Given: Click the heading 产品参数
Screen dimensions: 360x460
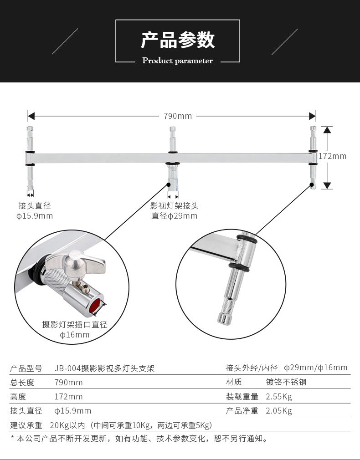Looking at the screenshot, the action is click(x=178, y=40).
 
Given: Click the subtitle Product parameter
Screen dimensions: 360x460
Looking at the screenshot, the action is click(x=178, y=61).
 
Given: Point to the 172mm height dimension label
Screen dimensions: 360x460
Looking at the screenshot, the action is click(x=332, y=156).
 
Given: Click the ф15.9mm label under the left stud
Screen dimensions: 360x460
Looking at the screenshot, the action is click(x=35, y=216).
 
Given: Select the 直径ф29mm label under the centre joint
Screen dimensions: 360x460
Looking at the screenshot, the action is click(x=175, y=216).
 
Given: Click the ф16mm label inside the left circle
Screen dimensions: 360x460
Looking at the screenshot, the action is click(x=75, y=335).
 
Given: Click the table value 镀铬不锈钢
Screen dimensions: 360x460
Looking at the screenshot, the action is click(x=286, y=382).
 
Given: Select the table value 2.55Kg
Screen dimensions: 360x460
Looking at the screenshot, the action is click(x=279, y=397).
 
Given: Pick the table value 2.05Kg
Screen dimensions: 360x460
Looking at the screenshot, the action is click(x=279, y=411).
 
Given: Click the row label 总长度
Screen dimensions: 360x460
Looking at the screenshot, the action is click(x=22, y=382).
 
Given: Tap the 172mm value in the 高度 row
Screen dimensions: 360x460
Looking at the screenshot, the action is click(x=69, y=397).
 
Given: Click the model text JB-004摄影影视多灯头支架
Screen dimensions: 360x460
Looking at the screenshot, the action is click(x=104, y=368).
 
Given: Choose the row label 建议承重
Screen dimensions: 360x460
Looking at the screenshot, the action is click(x=26, y=425).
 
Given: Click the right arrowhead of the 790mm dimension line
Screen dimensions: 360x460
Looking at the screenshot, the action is click(x=313, y=116).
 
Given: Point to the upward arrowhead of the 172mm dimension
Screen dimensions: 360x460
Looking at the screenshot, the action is click(x=327, y=130).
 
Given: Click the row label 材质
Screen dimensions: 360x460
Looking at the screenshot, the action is click(x=234, y=382).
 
